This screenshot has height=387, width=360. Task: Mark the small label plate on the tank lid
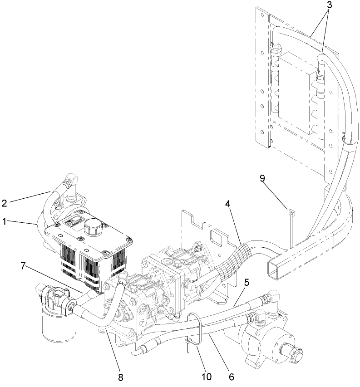pyautogui.click(x=72, y=223)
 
